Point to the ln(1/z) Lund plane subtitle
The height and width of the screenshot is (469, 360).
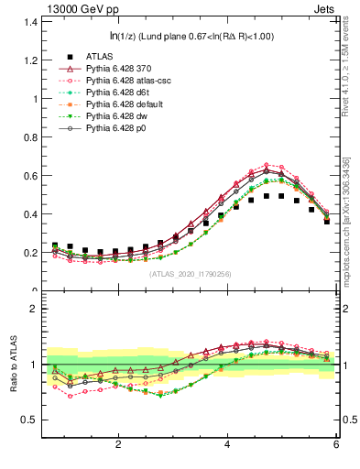(191, 36)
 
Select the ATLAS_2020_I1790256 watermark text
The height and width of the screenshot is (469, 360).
(191, 273)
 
